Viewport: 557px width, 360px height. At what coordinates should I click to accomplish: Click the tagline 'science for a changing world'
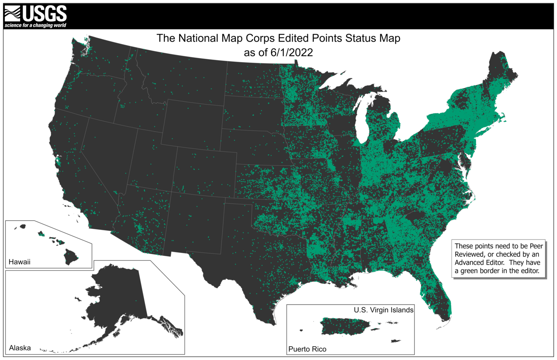35,25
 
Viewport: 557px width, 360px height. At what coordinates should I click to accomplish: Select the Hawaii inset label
20,262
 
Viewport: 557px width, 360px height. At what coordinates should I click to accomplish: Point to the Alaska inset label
20,347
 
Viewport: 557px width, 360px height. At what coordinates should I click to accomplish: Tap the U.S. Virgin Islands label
384,310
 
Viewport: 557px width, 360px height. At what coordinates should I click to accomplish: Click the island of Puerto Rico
344,325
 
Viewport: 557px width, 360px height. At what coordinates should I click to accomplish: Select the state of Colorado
204,171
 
